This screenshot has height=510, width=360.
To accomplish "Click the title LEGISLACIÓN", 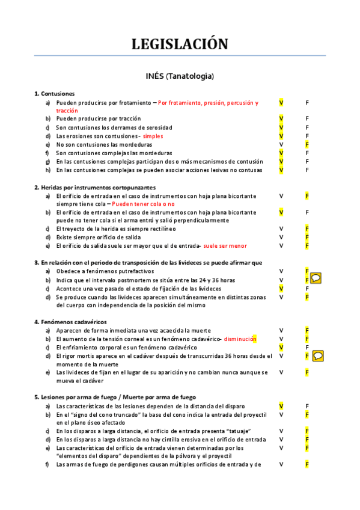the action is (x=180, y=44).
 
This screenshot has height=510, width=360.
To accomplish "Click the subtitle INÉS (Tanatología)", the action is (x=180, y=76).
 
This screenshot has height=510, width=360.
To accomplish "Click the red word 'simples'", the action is (x=153, y=136).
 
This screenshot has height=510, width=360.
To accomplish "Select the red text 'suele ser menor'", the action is (x=225, y=245).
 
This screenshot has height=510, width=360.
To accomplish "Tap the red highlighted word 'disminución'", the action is (x=240, y=339).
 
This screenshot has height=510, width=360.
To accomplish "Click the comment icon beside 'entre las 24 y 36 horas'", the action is (x=316, y=278).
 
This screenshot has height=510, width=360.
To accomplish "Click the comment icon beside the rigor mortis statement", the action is (x=319, y=356).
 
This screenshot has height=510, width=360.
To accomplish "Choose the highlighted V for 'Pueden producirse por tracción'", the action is (x=281, y=118).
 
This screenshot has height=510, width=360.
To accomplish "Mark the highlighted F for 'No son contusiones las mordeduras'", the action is (x=307, y=144).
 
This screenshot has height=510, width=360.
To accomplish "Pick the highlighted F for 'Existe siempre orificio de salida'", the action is (x=307, y=237).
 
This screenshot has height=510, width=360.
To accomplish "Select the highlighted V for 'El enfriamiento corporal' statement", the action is (x=281, y=348).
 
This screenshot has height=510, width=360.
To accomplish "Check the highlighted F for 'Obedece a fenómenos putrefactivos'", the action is (x=307, y=271).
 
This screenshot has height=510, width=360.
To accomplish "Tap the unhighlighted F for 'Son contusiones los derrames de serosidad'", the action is (x=307, y=127).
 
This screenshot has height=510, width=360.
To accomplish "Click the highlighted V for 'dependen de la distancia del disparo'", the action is (x=281, y=406).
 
